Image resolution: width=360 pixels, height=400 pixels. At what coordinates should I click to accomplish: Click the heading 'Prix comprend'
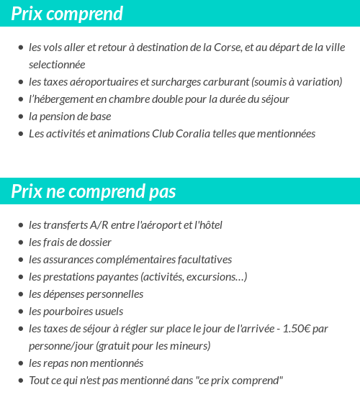pyautogui.click(x=67, y=14)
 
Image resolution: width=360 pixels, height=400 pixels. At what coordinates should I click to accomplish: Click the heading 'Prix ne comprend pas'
pyautogui.click(x=94, y=192)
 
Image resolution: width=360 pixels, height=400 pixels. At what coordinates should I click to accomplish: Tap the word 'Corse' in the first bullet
pyautogui.click(x=227, y=47)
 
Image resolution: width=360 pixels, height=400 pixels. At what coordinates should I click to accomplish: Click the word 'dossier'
pyautogui.click(x=94, y=242)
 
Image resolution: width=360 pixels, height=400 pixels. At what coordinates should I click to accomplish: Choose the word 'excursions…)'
pyautogui.click(x=217, y=277)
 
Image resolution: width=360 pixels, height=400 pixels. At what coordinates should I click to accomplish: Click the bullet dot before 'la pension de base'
pyautogui.click(x=21, y=117)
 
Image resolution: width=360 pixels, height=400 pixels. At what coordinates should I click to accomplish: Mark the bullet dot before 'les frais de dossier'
pyautogui.click(x=21, y=243)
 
